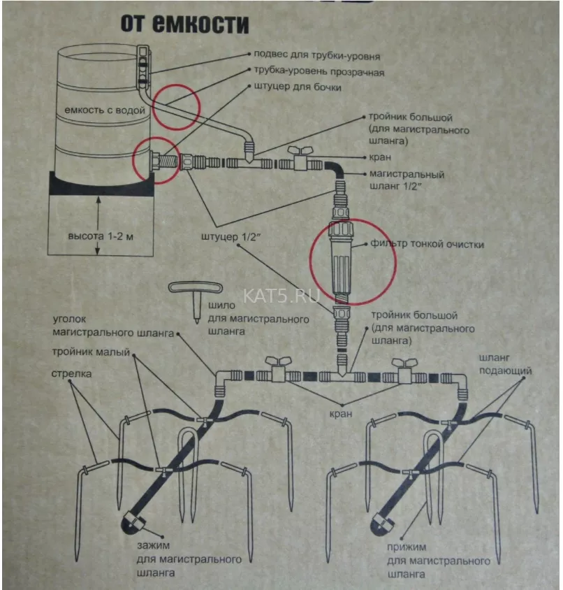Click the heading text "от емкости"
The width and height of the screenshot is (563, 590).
pos(184,24)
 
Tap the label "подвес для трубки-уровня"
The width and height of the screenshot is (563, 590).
pos(317,55)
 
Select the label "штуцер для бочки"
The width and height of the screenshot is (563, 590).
pos(298,87)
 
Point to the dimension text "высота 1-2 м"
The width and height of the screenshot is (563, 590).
pos(101,236)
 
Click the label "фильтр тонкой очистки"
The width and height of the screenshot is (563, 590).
pos(427,244)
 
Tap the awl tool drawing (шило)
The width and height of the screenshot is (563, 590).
pos(196,301)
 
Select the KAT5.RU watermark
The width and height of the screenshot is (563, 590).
pos(281,296)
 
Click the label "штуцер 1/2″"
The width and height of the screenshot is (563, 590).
pos(231,237)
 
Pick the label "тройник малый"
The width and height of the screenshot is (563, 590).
pos(91,352)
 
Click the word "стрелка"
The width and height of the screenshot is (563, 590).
pos(71,373)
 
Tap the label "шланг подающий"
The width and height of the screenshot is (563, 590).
pos(505,364)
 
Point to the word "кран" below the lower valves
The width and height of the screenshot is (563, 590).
pos(341,414)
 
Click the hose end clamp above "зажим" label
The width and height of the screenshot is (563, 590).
pos(133,523)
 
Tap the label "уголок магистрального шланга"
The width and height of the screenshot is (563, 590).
pos(113,326)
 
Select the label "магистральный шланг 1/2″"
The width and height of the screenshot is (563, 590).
pos(407,180)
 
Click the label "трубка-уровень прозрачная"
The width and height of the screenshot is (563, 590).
pos(319,71)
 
